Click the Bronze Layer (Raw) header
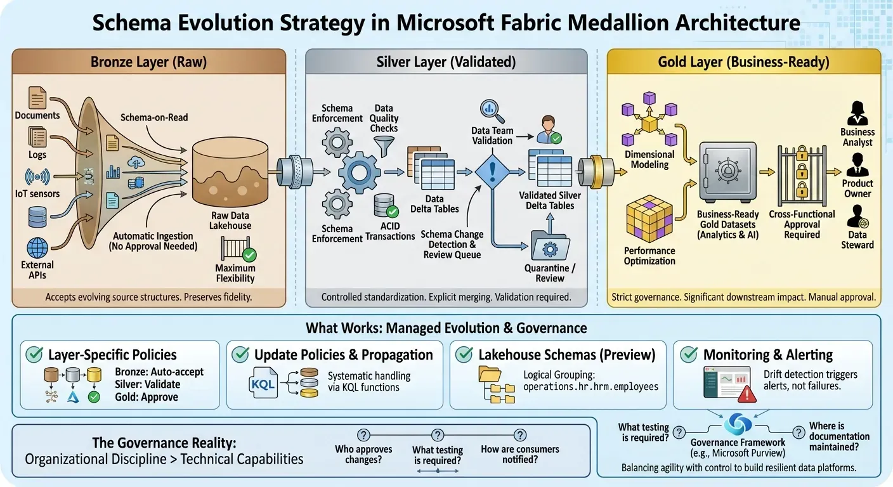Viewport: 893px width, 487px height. [149, 62]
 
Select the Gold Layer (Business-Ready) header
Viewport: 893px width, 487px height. [743, 62]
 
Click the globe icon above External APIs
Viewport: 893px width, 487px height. [37, 247]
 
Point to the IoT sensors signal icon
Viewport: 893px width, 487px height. [37, 176]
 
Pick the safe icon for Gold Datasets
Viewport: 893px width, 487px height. [727, 171]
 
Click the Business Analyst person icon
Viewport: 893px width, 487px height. [857, 114]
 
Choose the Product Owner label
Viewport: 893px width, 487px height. [857, 188]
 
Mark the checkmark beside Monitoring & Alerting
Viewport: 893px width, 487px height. [689, 354]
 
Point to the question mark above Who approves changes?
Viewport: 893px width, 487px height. [363, 435]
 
